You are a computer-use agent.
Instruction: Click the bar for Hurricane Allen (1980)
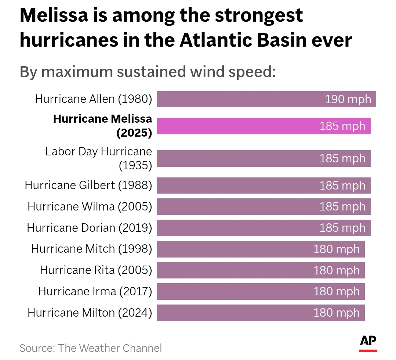239,99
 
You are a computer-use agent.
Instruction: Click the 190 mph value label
348,99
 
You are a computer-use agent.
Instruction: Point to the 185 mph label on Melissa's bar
342,126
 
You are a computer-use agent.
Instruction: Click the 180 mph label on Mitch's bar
337,249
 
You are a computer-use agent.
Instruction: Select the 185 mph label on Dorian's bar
342,228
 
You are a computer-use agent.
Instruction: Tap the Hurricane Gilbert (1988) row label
88,185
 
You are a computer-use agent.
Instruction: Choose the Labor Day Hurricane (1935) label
98,158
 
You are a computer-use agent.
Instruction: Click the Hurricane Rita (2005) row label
96,270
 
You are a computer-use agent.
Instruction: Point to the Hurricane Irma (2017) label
95,292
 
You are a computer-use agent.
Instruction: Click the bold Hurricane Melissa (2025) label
102,126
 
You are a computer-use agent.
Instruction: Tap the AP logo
368,342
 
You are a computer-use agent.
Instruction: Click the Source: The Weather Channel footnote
91,348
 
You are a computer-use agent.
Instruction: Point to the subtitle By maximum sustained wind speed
148,72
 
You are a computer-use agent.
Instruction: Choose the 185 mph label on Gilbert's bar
342,186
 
